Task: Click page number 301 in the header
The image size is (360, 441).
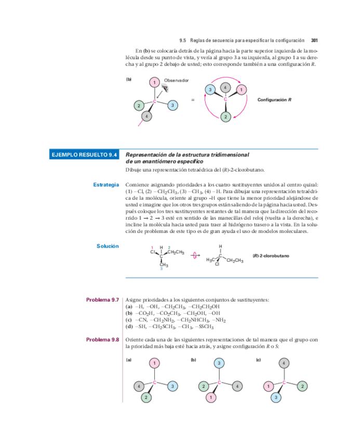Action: coord(314,40)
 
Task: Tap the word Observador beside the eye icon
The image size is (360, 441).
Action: coord(176,81)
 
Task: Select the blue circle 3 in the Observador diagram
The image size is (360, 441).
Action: coord(173,106)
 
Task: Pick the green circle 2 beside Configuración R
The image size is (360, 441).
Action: coord(225,116)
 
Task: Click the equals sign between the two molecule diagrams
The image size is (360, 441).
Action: coord(193,100)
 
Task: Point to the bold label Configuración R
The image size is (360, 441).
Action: coord(274,99)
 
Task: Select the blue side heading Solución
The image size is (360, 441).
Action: coord(108,246)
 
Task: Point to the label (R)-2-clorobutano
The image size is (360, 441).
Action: coord(271,256)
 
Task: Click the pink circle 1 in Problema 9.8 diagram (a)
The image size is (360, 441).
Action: coord(154,363)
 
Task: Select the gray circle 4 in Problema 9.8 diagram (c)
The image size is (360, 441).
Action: coord(284,363)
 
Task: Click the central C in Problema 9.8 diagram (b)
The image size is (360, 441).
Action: coord(219,382)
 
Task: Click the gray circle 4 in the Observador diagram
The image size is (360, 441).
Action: coord(147,116)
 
